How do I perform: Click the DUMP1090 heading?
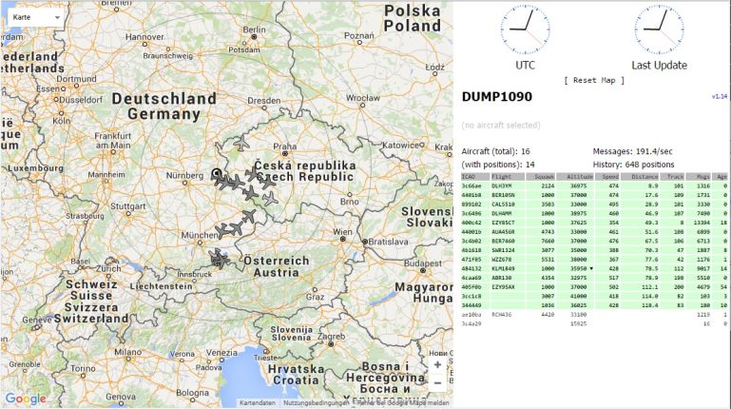pos(497,97)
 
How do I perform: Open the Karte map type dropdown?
pos(35,17)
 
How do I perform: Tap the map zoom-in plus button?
pos(436,364)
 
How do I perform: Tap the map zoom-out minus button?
pos(436,383)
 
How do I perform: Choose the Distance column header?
pos(644,176)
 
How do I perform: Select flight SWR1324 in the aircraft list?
pos(505,248)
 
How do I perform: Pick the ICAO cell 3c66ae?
pos(471,185)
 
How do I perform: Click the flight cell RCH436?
pos(502,313)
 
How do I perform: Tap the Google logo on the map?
pos(25,399)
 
